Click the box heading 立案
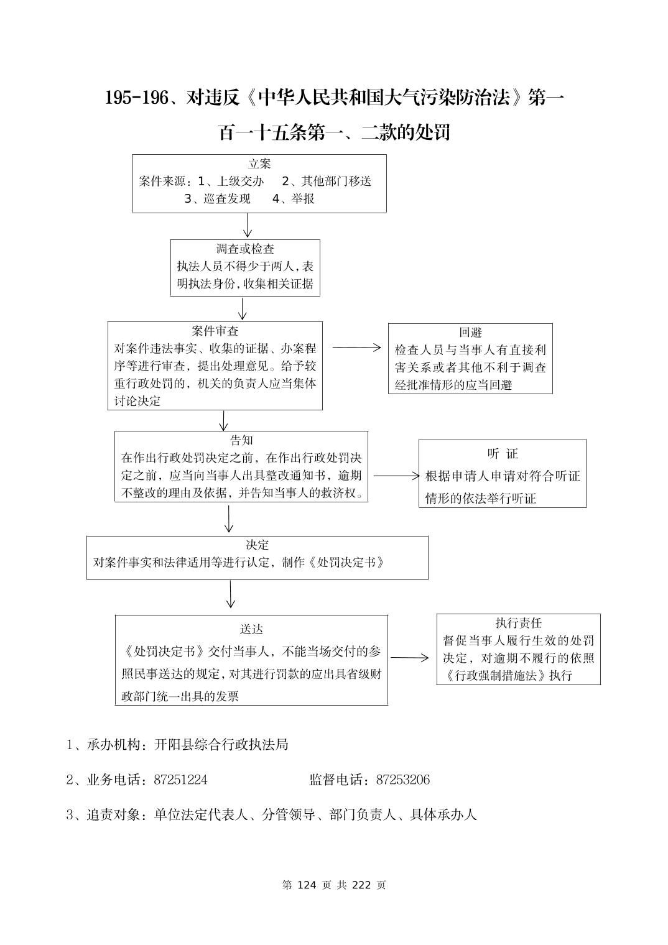(x=259, y=164)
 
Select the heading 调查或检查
(x=245, y=249)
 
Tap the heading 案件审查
(x=215, y=331)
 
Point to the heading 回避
(x=470, y=333)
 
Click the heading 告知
(x=241, y=441)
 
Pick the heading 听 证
(x=503, y=454)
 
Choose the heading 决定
(x=257, y=545)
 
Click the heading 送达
(x=251, y=630)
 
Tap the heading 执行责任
(x=518, y=623)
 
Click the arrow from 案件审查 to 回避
(x=356, y=348)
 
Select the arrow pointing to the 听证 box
(x=396, y=476)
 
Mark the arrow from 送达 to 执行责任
(x=409, y=658)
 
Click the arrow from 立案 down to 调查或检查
(x=248, y=226)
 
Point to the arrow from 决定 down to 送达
(x=231, y=594)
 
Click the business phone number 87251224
(x=180, y=780)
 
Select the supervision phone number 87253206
(x=403, y=780)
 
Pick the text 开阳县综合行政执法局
(x=221, y=745)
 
